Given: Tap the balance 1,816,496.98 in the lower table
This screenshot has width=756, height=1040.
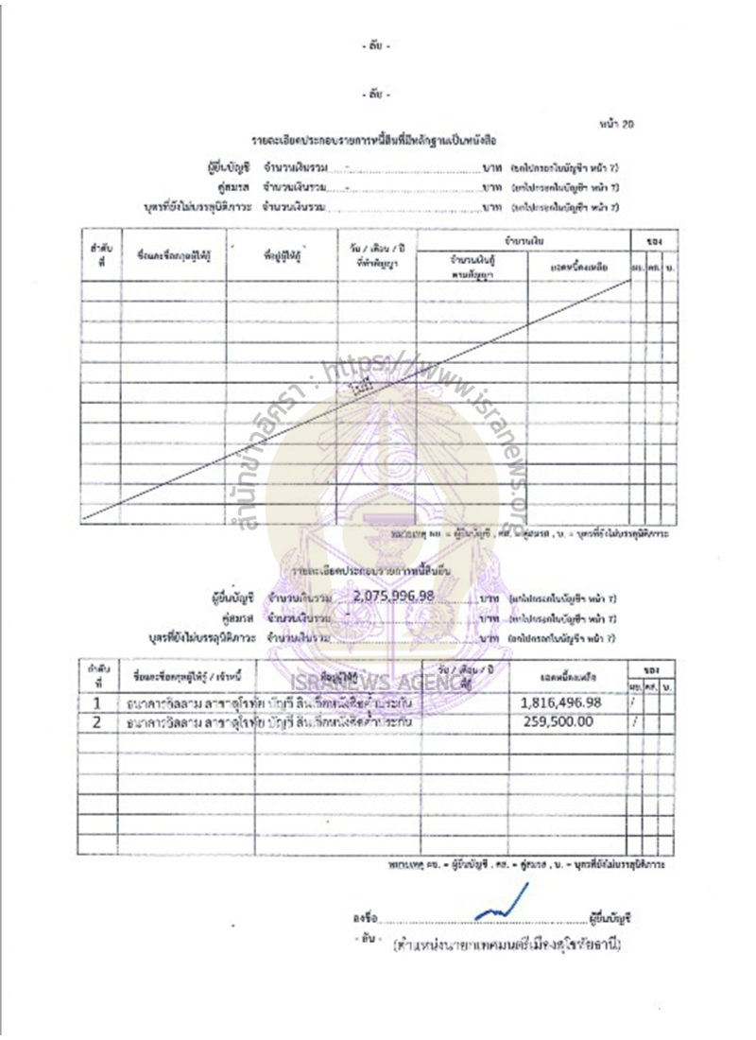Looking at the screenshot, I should [x=560, y=702].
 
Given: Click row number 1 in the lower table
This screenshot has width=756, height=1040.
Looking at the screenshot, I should [x=96, y=703].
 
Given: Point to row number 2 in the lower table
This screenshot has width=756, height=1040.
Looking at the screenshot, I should [x=96, y=722].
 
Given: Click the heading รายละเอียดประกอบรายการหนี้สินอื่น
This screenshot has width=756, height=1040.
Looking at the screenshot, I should [x=370, y=572].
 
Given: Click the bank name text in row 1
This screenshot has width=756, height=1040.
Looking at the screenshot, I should [x=189, y=704].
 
